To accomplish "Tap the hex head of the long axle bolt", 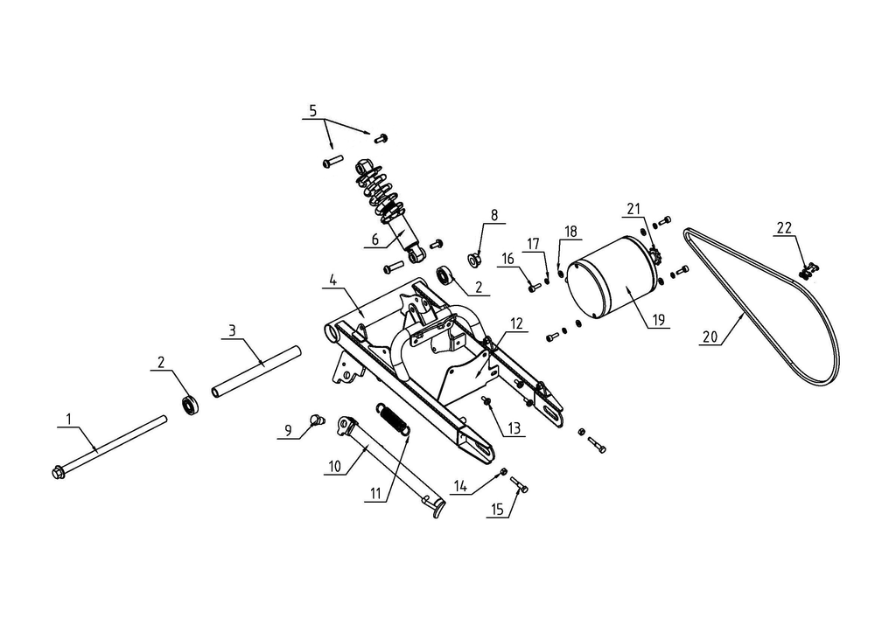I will (59, 473).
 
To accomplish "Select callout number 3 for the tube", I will (230, 330).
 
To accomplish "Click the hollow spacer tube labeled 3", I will (255, 371).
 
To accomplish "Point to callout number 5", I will (312, 111).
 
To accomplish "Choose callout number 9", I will (287, 431).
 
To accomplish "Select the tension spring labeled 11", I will (395, 417).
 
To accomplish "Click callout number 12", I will (516, 323).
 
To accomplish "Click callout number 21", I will (634, 208).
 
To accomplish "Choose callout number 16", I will (508, 258).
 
